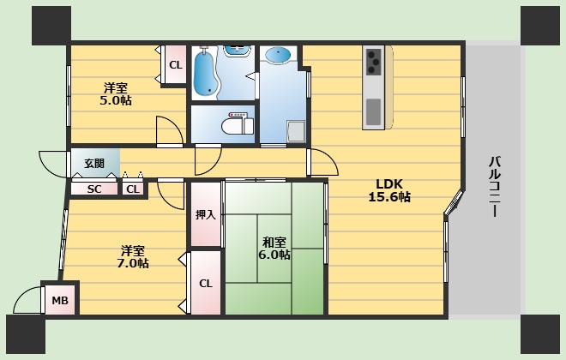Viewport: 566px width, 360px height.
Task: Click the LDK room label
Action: [x=388, y=183]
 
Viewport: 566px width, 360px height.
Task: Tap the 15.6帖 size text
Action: [x=388, y=197]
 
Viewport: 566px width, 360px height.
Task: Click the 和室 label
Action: [x=274, y=241]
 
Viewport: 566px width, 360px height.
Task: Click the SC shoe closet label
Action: [x=94, y=189]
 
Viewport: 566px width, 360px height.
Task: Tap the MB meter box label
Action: [x=59, y=300]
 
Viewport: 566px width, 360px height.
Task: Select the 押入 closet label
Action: [x=206, y=215]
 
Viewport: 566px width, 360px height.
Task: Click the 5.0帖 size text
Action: [x=114, y=100]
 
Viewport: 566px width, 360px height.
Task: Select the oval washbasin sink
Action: [x=280, y=56]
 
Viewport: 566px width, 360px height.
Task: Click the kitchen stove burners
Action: [x=375, y=60]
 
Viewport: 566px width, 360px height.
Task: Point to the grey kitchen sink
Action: [x=374, y=111]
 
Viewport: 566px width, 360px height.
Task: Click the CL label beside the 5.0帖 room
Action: [x=175, y=65]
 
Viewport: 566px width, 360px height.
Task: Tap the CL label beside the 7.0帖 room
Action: [x=206, y=284]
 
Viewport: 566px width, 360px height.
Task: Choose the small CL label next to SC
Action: [x=132, y=189]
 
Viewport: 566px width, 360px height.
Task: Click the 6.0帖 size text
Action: [x=274, y=255]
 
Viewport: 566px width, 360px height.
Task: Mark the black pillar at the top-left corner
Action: [x=51, y=23]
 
